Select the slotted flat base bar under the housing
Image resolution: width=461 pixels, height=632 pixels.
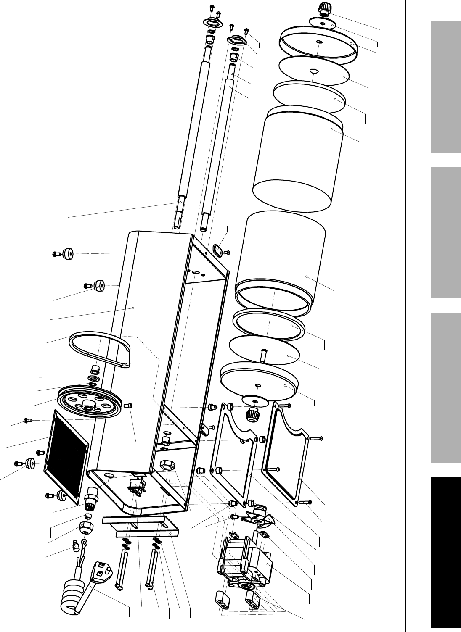coord(141,527)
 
